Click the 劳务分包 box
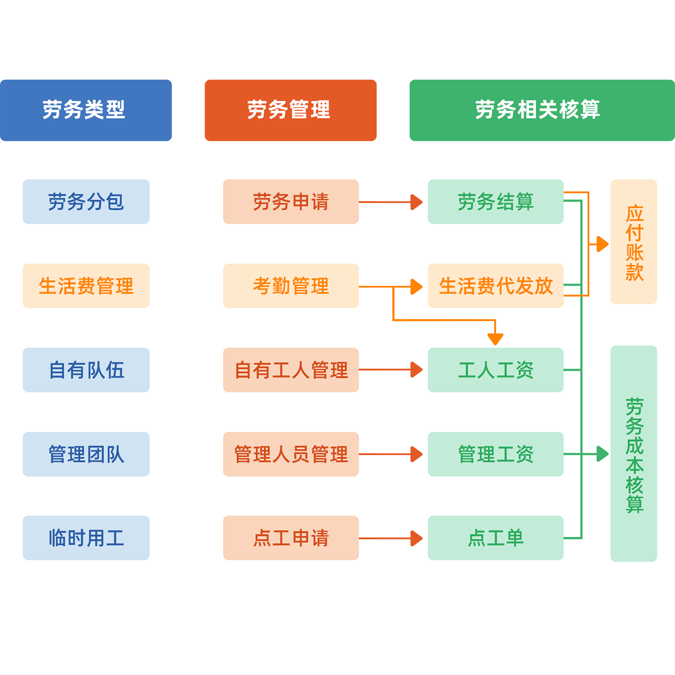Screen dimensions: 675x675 (x=86, y=201)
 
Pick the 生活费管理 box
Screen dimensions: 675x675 (x=86, y=286)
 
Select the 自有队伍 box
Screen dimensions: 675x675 (x=86, y=370)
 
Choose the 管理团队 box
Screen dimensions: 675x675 (x=86, y=454)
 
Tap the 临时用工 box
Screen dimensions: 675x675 (x=86, y=538)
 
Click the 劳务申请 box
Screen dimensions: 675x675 (x=291, y=201)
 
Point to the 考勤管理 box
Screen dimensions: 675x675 (x=291, y=286)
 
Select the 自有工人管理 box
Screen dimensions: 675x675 (x=291, y=370)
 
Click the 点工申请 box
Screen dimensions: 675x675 (x=291, y=538)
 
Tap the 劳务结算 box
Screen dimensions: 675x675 (x=495, y=201)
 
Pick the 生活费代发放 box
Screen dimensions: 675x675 (x=495, y=286)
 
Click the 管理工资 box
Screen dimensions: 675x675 (x=495, y=454)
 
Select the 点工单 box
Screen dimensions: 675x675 (x=495, y=538)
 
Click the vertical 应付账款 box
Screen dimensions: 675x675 (x=633, y=242)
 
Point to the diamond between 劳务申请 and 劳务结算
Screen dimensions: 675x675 (x=393, y=202)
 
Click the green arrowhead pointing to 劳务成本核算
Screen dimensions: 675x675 (x=602, y=454)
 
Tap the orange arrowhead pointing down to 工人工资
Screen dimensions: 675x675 (x=495, y=339)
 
